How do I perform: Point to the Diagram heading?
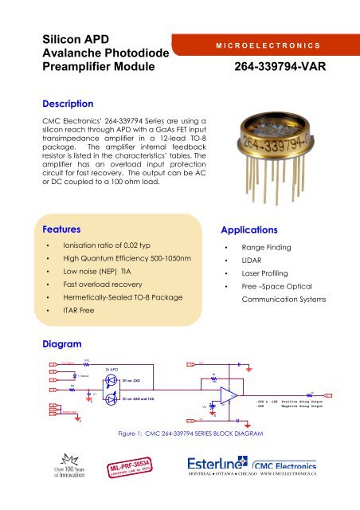click(65, 344)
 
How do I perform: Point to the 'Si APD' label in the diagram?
click(112, 370)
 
